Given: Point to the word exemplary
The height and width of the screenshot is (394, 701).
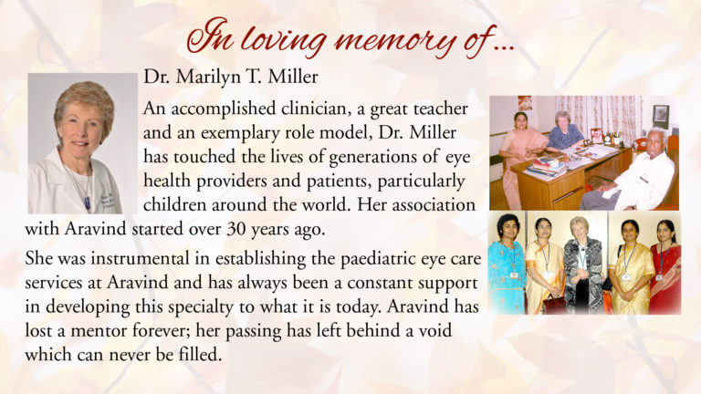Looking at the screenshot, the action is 241,133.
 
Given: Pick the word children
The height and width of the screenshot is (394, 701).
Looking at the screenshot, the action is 175,205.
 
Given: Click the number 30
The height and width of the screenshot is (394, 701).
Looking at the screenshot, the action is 236,229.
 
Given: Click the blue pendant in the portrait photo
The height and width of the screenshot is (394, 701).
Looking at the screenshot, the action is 88,203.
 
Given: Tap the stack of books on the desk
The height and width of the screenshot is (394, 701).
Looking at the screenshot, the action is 546,167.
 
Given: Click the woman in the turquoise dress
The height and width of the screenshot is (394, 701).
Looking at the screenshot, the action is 507,264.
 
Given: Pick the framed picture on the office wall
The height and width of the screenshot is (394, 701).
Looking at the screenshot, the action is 660,116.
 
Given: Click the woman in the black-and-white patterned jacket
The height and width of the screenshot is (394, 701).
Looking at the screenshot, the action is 583,264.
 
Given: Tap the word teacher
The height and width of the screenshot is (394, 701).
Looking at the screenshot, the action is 440,109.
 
